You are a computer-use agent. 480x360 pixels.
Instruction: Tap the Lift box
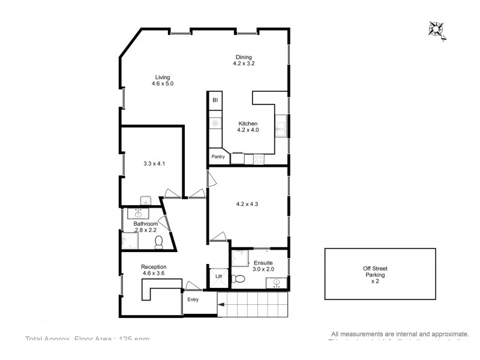point(218,277)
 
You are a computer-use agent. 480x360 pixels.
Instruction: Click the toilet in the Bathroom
point(159,241)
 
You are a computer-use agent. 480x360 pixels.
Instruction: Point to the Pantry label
point(218,157)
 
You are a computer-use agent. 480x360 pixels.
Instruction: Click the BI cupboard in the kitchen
point(215,101)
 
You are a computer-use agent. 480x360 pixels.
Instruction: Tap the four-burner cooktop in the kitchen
point(259,159)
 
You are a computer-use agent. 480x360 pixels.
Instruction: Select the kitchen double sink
point(280,127)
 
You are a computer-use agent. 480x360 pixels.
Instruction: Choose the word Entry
point(193,300)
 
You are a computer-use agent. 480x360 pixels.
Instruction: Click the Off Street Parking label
point(376,275)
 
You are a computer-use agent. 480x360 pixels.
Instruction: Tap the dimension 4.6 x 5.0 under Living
point(163,84)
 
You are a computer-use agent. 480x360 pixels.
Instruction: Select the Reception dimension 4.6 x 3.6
point(154,274)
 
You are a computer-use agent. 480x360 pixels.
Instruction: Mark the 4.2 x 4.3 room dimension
point(248,203)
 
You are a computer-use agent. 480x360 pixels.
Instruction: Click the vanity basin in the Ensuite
point(277,283)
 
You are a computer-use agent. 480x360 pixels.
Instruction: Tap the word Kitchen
point(248,124)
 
